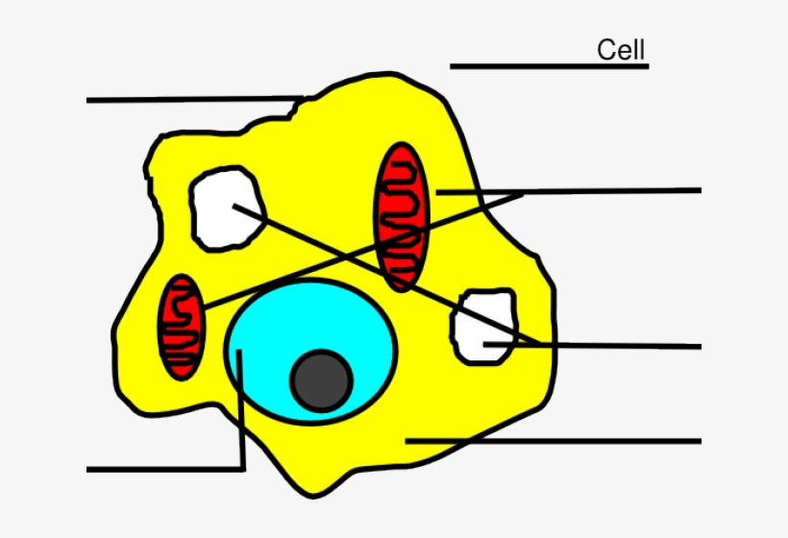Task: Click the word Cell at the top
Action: pyautogui.click(x=621, y=50)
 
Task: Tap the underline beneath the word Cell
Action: pyautogui.click(x=550, y=66)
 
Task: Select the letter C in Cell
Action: pyautogui.click(x=605, y=50)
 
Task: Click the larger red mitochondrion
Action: pyautogui.click(x=402, y=216)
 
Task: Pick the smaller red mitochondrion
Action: pyautogui.click(x=182, y=327)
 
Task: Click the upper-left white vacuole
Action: pyautogui.click(x=227, y=208)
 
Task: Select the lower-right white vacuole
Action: pyautogui.click(x=484, y=327)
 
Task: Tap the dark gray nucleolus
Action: pyautogui.click(x=322, y=380)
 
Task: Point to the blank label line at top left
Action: pyautogui.click(x=195, y=100)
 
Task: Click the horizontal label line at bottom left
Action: pyautogui.click(x=166, y=470)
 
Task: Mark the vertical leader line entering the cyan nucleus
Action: pyautogui.click(x=240, y=409)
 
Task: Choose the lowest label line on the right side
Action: pyautogui.click(x=554, y=441)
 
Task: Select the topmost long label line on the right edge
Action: pyautogui.click(x=568, y=191)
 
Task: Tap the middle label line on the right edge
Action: pyautogui.click(x=592, y=345)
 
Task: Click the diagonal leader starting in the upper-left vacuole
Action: pyautogui.click(x=387, y=275)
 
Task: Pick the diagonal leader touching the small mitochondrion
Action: pyautogui.click(x=363, y=250)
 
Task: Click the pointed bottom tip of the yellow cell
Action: pyautogui.click(x=313, y=497)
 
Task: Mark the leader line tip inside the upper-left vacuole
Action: pyautogui.click(x=234, y=205)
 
